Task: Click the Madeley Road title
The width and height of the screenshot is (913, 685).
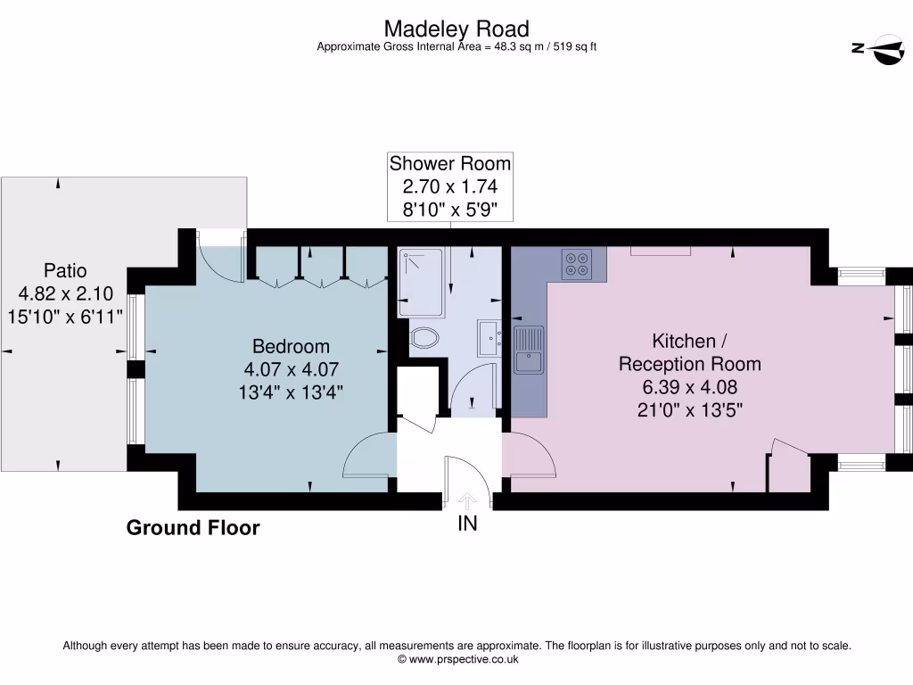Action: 456,29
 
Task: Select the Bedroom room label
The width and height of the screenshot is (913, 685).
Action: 291,346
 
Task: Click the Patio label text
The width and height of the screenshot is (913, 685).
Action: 66,270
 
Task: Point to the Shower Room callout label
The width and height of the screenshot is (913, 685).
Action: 450,164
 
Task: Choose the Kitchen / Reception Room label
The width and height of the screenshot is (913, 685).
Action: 690,352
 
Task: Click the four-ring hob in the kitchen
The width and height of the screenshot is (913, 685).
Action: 575,263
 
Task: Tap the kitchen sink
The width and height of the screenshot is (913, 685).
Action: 529,350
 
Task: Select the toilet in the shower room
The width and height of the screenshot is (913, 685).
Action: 424,338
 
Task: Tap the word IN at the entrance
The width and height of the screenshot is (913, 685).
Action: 468,524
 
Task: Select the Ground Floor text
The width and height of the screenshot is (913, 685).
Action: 193,528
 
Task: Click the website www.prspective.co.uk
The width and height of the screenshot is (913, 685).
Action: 457,660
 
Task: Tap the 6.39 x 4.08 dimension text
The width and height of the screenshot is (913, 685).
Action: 690,387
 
